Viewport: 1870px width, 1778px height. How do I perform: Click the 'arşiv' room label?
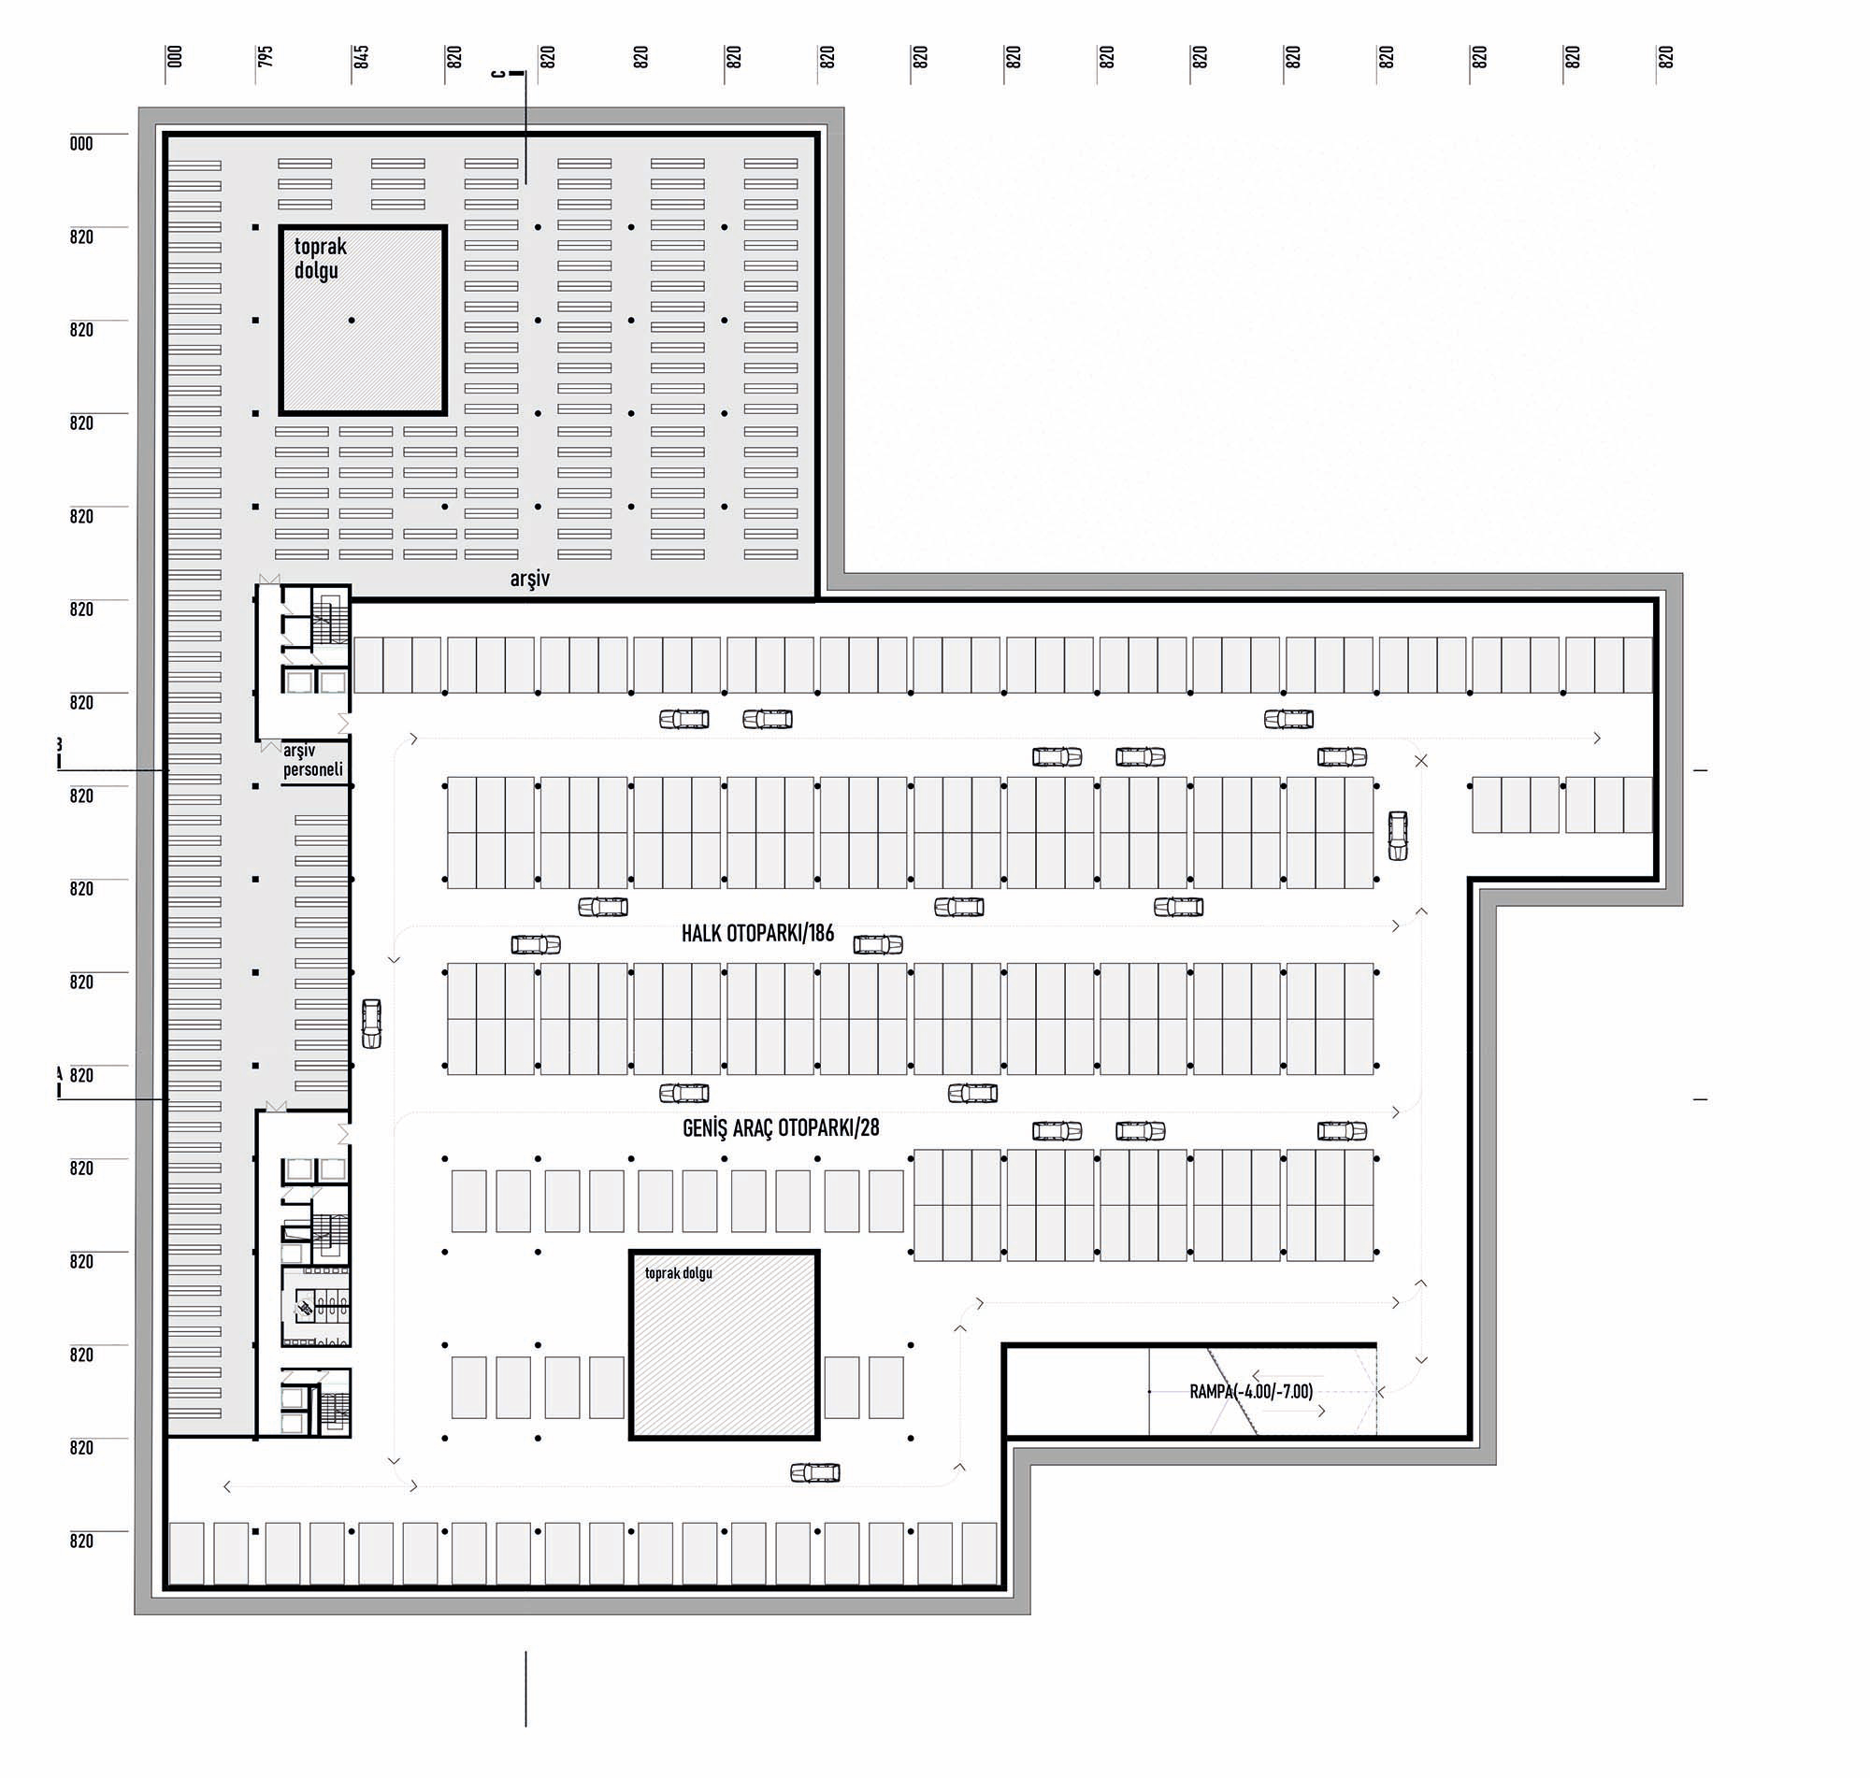point(529,578)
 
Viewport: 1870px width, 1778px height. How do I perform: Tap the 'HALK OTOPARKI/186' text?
point(757,934)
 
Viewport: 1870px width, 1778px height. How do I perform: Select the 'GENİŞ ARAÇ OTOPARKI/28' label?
point(781,1127)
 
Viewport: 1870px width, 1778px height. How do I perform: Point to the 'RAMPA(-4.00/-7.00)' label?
point(1251,1391)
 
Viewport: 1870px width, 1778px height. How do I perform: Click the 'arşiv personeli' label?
point(312,760)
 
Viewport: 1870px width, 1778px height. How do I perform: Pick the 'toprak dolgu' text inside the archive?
point(320,258)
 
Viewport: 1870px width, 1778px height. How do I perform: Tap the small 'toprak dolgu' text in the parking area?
point(678,1273)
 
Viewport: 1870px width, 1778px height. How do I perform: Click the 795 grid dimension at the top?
point(266,57)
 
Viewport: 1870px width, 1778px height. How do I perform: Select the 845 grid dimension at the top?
point(360,57)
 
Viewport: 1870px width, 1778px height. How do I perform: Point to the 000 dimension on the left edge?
point(81,144)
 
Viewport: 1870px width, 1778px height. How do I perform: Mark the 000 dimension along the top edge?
point(175,57)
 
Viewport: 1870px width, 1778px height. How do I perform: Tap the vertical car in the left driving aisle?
point(371,1024)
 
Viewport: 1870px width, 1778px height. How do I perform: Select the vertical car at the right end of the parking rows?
point(1397,836)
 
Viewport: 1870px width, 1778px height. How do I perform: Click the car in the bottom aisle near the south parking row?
point(815,1473)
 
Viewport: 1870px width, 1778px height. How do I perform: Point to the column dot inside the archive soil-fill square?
point(352,321)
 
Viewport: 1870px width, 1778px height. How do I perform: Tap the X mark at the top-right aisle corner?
point(1421,761)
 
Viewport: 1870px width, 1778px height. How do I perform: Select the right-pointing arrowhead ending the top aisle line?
point(1598,738)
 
